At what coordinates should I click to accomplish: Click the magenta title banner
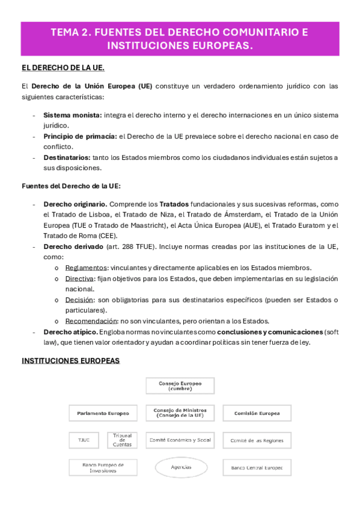[180, 39]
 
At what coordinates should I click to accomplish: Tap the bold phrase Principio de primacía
[80, 136]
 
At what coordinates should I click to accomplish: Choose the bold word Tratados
[174, 204]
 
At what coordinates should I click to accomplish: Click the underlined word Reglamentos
[86, 268]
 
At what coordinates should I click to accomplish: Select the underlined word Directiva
[79, 278]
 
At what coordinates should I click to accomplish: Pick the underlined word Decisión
[79, 300]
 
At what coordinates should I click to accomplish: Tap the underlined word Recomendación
[91, 321]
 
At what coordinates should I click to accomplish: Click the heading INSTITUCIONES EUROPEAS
[71, 361]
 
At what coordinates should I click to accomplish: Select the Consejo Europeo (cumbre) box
[180, 386]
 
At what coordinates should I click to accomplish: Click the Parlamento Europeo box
[103, 413]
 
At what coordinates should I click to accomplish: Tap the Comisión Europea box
[257, 413]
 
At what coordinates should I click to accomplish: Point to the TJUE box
[84, 440]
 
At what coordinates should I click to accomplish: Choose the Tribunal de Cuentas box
[123, 440]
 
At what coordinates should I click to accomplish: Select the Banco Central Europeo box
[257, 467]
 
